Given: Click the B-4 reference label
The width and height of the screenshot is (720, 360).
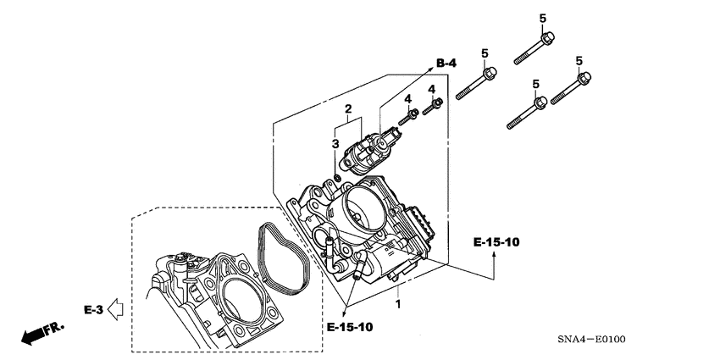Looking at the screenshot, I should [447, 62].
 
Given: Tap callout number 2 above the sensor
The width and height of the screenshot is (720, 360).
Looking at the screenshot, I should [347, 109].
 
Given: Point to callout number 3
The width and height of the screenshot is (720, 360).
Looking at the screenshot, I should [335, 143].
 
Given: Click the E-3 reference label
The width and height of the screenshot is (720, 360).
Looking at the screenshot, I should [93, 310].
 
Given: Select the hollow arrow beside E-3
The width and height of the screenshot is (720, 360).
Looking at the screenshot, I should [117, 310].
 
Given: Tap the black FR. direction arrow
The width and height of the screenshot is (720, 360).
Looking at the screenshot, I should [33, 333].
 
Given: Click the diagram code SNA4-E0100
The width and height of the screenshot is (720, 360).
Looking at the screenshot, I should [590, 340].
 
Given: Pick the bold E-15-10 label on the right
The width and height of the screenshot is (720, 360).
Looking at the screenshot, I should [496, 243].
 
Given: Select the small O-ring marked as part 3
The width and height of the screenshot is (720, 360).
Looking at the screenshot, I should [338, 177].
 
